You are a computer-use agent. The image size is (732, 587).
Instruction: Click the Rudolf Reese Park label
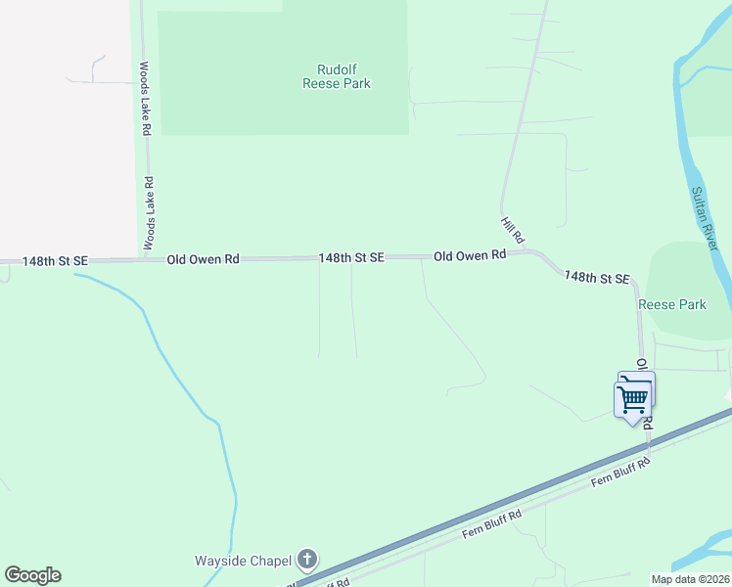pos(336,76)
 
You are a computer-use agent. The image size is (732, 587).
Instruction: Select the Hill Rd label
pos(513,231)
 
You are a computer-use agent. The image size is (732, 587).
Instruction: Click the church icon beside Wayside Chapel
pos(307,561)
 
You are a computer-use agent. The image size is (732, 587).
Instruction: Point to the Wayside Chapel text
pos(243,561)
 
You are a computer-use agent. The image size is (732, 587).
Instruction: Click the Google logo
pos(32,575)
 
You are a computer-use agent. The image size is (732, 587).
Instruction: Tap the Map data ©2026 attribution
pos(690,579)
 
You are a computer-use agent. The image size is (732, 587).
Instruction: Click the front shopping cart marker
pos(632,398)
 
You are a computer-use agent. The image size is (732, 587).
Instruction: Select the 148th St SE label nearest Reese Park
pos(596,278)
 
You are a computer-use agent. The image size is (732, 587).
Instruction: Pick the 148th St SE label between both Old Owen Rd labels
pos(350,257)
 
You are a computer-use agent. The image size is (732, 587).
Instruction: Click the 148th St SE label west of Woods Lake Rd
pos(55,261)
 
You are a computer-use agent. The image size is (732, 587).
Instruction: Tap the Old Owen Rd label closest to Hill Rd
pos(469,254)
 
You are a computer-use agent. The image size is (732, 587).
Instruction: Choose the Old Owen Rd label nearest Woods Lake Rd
pos(203,259)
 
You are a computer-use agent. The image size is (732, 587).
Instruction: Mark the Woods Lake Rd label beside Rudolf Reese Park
pos(144,99)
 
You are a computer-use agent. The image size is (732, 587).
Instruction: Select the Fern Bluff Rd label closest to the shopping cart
pos(619,473)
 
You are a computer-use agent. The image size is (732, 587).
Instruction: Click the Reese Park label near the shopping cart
pos(672,304)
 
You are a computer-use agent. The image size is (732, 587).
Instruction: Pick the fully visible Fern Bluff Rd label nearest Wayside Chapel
pos(491,524)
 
